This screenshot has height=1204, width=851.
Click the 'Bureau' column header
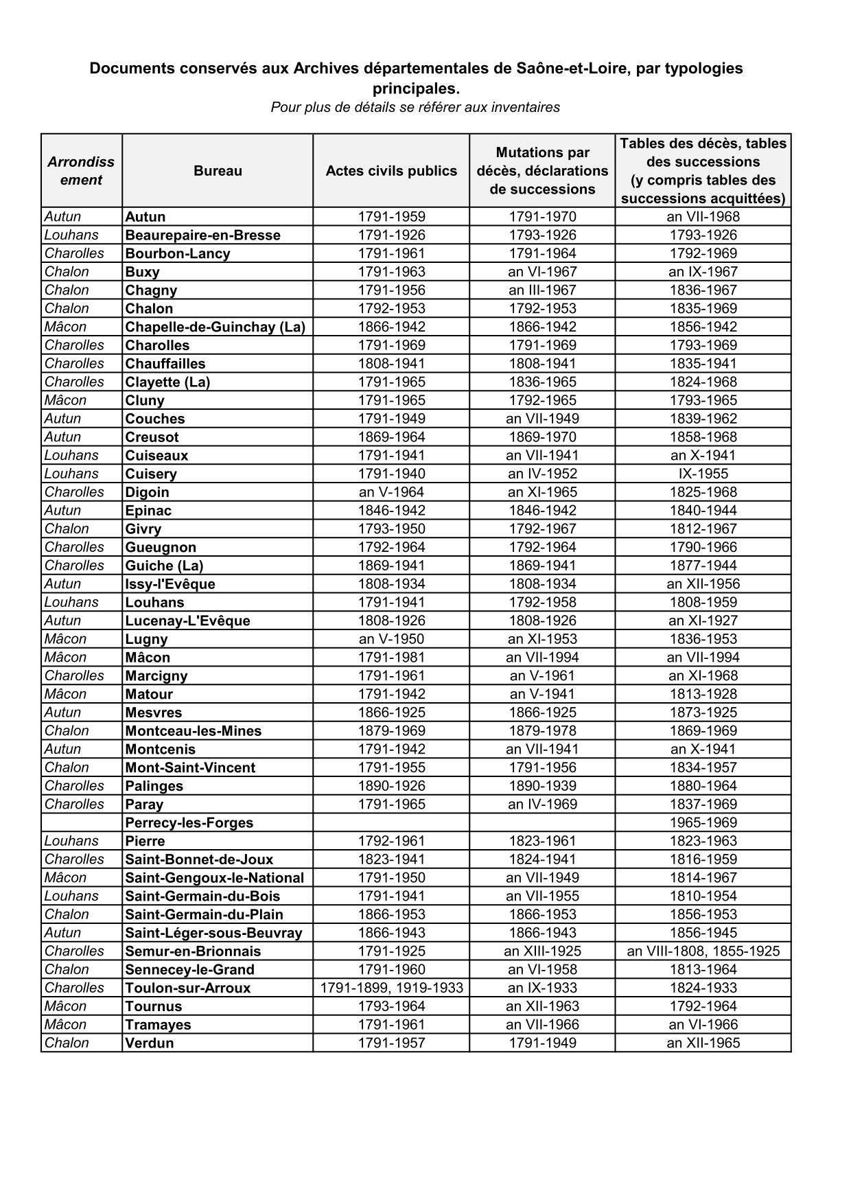coord(218,171)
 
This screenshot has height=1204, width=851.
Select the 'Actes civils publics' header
coord(391,171)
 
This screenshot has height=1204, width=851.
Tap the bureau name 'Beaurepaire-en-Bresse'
coord(202,235)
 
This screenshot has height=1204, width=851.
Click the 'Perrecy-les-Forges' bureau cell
coord(189,823)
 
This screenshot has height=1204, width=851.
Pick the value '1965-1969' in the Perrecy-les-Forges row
coord(703,823)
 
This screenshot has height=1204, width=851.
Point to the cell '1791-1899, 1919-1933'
coord(391,988)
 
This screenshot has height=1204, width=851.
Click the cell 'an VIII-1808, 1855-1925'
coord(703,951)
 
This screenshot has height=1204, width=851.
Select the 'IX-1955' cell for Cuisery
coord(703,474)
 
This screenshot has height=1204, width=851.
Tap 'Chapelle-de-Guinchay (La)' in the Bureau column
coord(215,327)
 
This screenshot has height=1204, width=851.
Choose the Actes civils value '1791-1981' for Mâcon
coord(391,658)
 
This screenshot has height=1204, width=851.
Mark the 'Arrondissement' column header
coord(81,171)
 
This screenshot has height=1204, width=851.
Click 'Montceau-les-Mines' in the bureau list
coord(193,731)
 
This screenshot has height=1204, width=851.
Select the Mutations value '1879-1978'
coord(542,731)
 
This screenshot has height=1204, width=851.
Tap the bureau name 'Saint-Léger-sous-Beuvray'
coord(213,933)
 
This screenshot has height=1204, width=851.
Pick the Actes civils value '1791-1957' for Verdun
coord(391,1043)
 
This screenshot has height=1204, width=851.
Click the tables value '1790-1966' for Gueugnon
coord(703,548)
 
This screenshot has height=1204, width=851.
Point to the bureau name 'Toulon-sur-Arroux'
coord(187,988)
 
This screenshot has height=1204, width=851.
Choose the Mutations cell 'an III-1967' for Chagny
coord(542,290)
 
